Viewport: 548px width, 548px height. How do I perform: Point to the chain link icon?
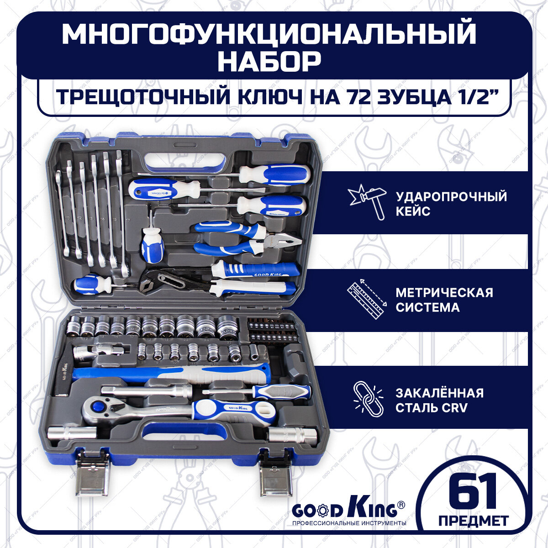(x=368, y=399)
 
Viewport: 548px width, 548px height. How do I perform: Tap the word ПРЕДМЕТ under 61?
(x=473, y=521)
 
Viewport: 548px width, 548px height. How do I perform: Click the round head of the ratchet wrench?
(x=98, y=406)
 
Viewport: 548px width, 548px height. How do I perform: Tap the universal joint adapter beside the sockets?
(x=93, y=353)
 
